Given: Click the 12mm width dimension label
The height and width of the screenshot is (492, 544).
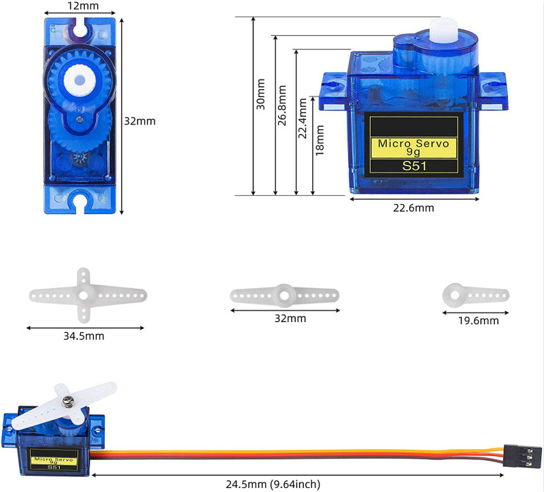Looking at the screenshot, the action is tap(83, 5).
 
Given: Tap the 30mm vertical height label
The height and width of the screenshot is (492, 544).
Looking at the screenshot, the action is tap(260, 94).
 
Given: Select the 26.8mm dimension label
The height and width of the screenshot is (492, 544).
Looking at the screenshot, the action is tap(282, 105).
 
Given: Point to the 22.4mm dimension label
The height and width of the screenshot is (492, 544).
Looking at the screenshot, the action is tap(303, 118).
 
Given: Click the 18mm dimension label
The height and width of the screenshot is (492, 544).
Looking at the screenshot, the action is tap(320, 140).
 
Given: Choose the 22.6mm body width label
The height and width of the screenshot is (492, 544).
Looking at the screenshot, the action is tap(413, 208).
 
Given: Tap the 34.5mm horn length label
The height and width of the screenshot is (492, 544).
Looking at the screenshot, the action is tap(84, 336).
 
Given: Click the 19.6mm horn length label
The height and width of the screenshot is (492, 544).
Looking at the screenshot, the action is tap(479, 320).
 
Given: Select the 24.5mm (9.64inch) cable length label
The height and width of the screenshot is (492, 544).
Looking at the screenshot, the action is tap(273, 484).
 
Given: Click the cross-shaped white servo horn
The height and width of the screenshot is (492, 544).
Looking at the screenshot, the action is tap(83, 296).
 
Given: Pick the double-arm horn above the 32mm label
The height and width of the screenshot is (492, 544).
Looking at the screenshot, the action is tap(284, 296).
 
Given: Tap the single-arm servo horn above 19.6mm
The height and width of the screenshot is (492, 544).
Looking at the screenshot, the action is tap(475, 296).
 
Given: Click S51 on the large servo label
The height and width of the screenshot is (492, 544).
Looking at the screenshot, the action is tap(414, 166).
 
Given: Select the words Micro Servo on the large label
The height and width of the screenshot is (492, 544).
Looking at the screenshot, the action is tap(413, 143).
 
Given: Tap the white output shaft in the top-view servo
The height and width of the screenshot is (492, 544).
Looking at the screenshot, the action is tap(80, 80).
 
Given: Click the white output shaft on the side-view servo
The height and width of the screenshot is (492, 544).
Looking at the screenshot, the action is tap(444, 30).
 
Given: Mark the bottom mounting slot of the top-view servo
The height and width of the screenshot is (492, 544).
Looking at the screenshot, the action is tap(80, 202).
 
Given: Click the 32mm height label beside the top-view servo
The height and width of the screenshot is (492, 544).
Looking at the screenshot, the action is tap(140, 121).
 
